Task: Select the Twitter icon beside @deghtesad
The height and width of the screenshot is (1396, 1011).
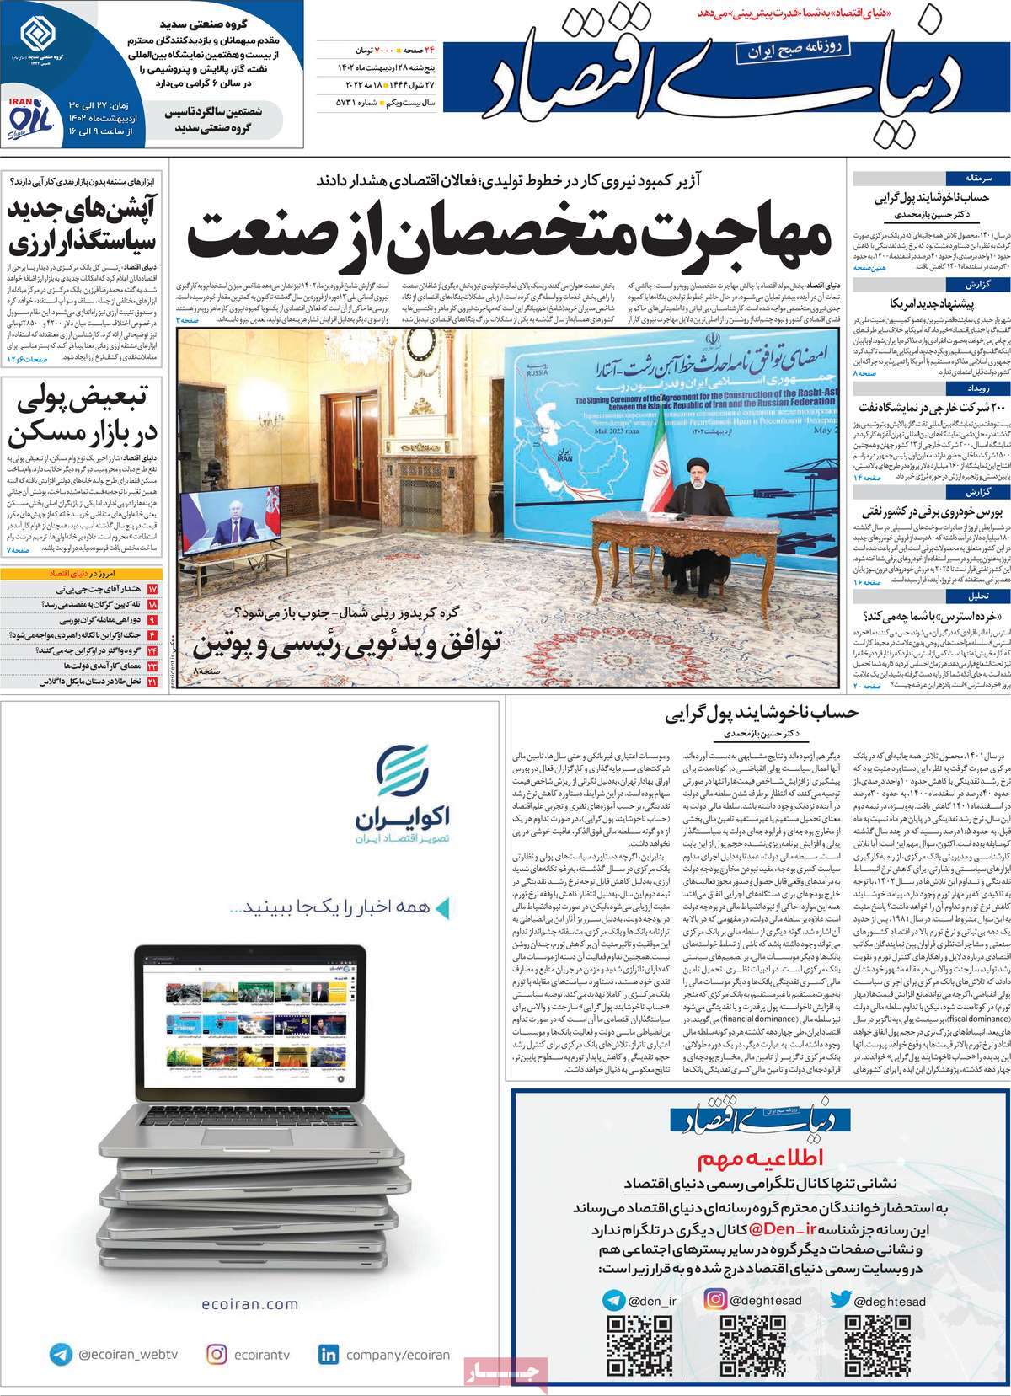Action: pos(840,1300)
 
